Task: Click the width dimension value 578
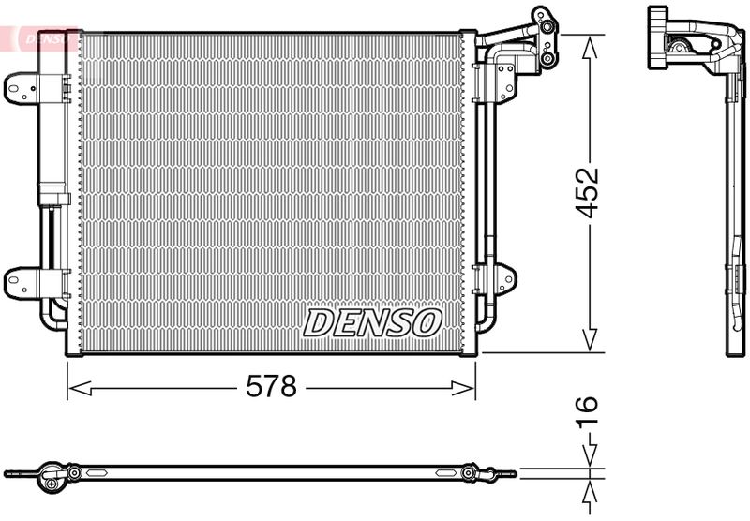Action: pos(271,386)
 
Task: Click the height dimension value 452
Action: pos(588,192)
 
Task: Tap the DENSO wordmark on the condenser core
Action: pos(372,323)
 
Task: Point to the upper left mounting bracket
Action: pos(21,88)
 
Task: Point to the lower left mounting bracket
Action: pos(21,281)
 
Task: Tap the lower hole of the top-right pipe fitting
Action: pos(545,59)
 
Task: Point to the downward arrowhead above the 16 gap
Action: pos(589,456)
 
